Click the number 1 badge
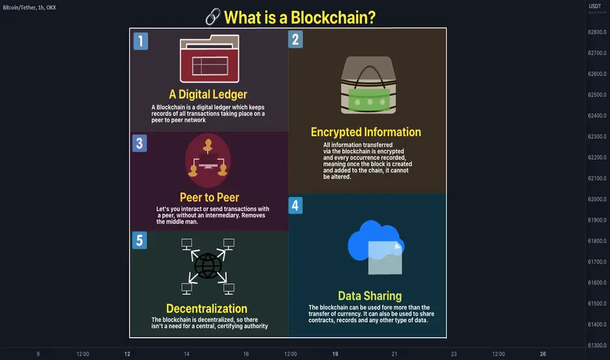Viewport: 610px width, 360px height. point(141,41)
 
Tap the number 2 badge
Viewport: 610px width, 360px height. point(295,39)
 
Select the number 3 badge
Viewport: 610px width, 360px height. point(139,143)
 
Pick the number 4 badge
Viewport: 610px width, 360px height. point(295,206)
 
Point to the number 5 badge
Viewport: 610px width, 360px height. point(139,240)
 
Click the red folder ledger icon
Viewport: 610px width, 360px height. point(209,59)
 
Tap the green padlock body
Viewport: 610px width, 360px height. point(368,99)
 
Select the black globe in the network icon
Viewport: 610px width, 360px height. point(207,266)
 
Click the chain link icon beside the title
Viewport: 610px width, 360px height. point(213,17)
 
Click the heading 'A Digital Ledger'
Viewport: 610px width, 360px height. point(208,94)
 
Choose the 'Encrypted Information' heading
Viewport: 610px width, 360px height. point(366,132)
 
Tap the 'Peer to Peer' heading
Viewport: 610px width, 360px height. point(209,197)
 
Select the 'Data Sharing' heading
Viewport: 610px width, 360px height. point(370,296)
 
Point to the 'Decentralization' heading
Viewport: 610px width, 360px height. point(207,309)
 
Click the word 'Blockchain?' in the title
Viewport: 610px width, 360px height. point(333,18)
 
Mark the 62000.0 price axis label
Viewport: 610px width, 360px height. point(597,199)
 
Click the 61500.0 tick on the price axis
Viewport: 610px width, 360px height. point(597,304)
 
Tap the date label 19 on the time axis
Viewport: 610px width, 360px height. point(335,354)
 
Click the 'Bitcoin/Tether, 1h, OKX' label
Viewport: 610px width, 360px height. point(29,7)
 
